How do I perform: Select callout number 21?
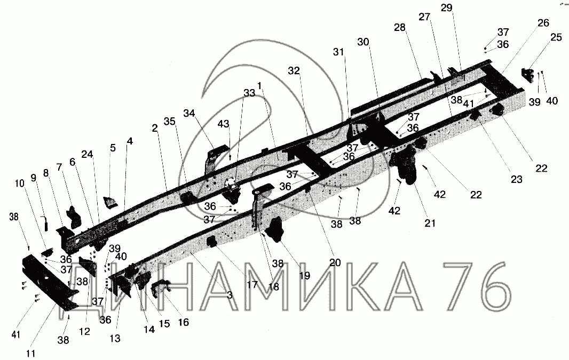pos(430,223)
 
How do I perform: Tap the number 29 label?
pos(446,7)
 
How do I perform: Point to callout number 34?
pos(189,113)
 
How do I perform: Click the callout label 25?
pos(556,37)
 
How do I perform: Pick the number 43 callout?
pos(223,124)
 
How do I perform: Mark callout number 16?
pos(183,322)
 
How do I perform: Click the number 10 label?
pos(20,183)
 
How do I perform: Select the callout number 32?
pos(294,70)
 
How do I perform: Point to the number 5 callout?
pos(113,148)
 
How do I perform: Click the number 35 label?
pos(169,121)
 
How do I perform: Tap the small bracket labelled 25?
pos(528,75)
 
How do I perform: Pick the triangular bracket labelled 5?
pos(110,203)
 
